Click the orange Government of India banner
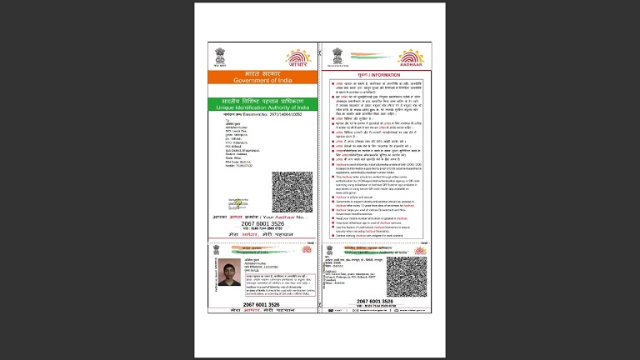[262, 77]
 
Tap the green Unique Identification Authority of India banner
[262, 102]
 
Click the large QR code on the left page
[292, 192]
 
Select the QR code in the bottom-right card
[406, 277]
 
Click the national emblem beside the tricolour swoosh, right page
[337, 56]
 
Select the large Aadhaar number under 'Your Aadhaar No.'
[262, 225]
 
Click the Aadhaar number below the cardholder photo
[262, 305]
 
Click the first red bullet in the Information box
[332, 84]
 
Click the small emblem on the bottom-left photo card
[216, 248]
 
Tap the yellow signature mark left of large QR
[237, 202]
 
